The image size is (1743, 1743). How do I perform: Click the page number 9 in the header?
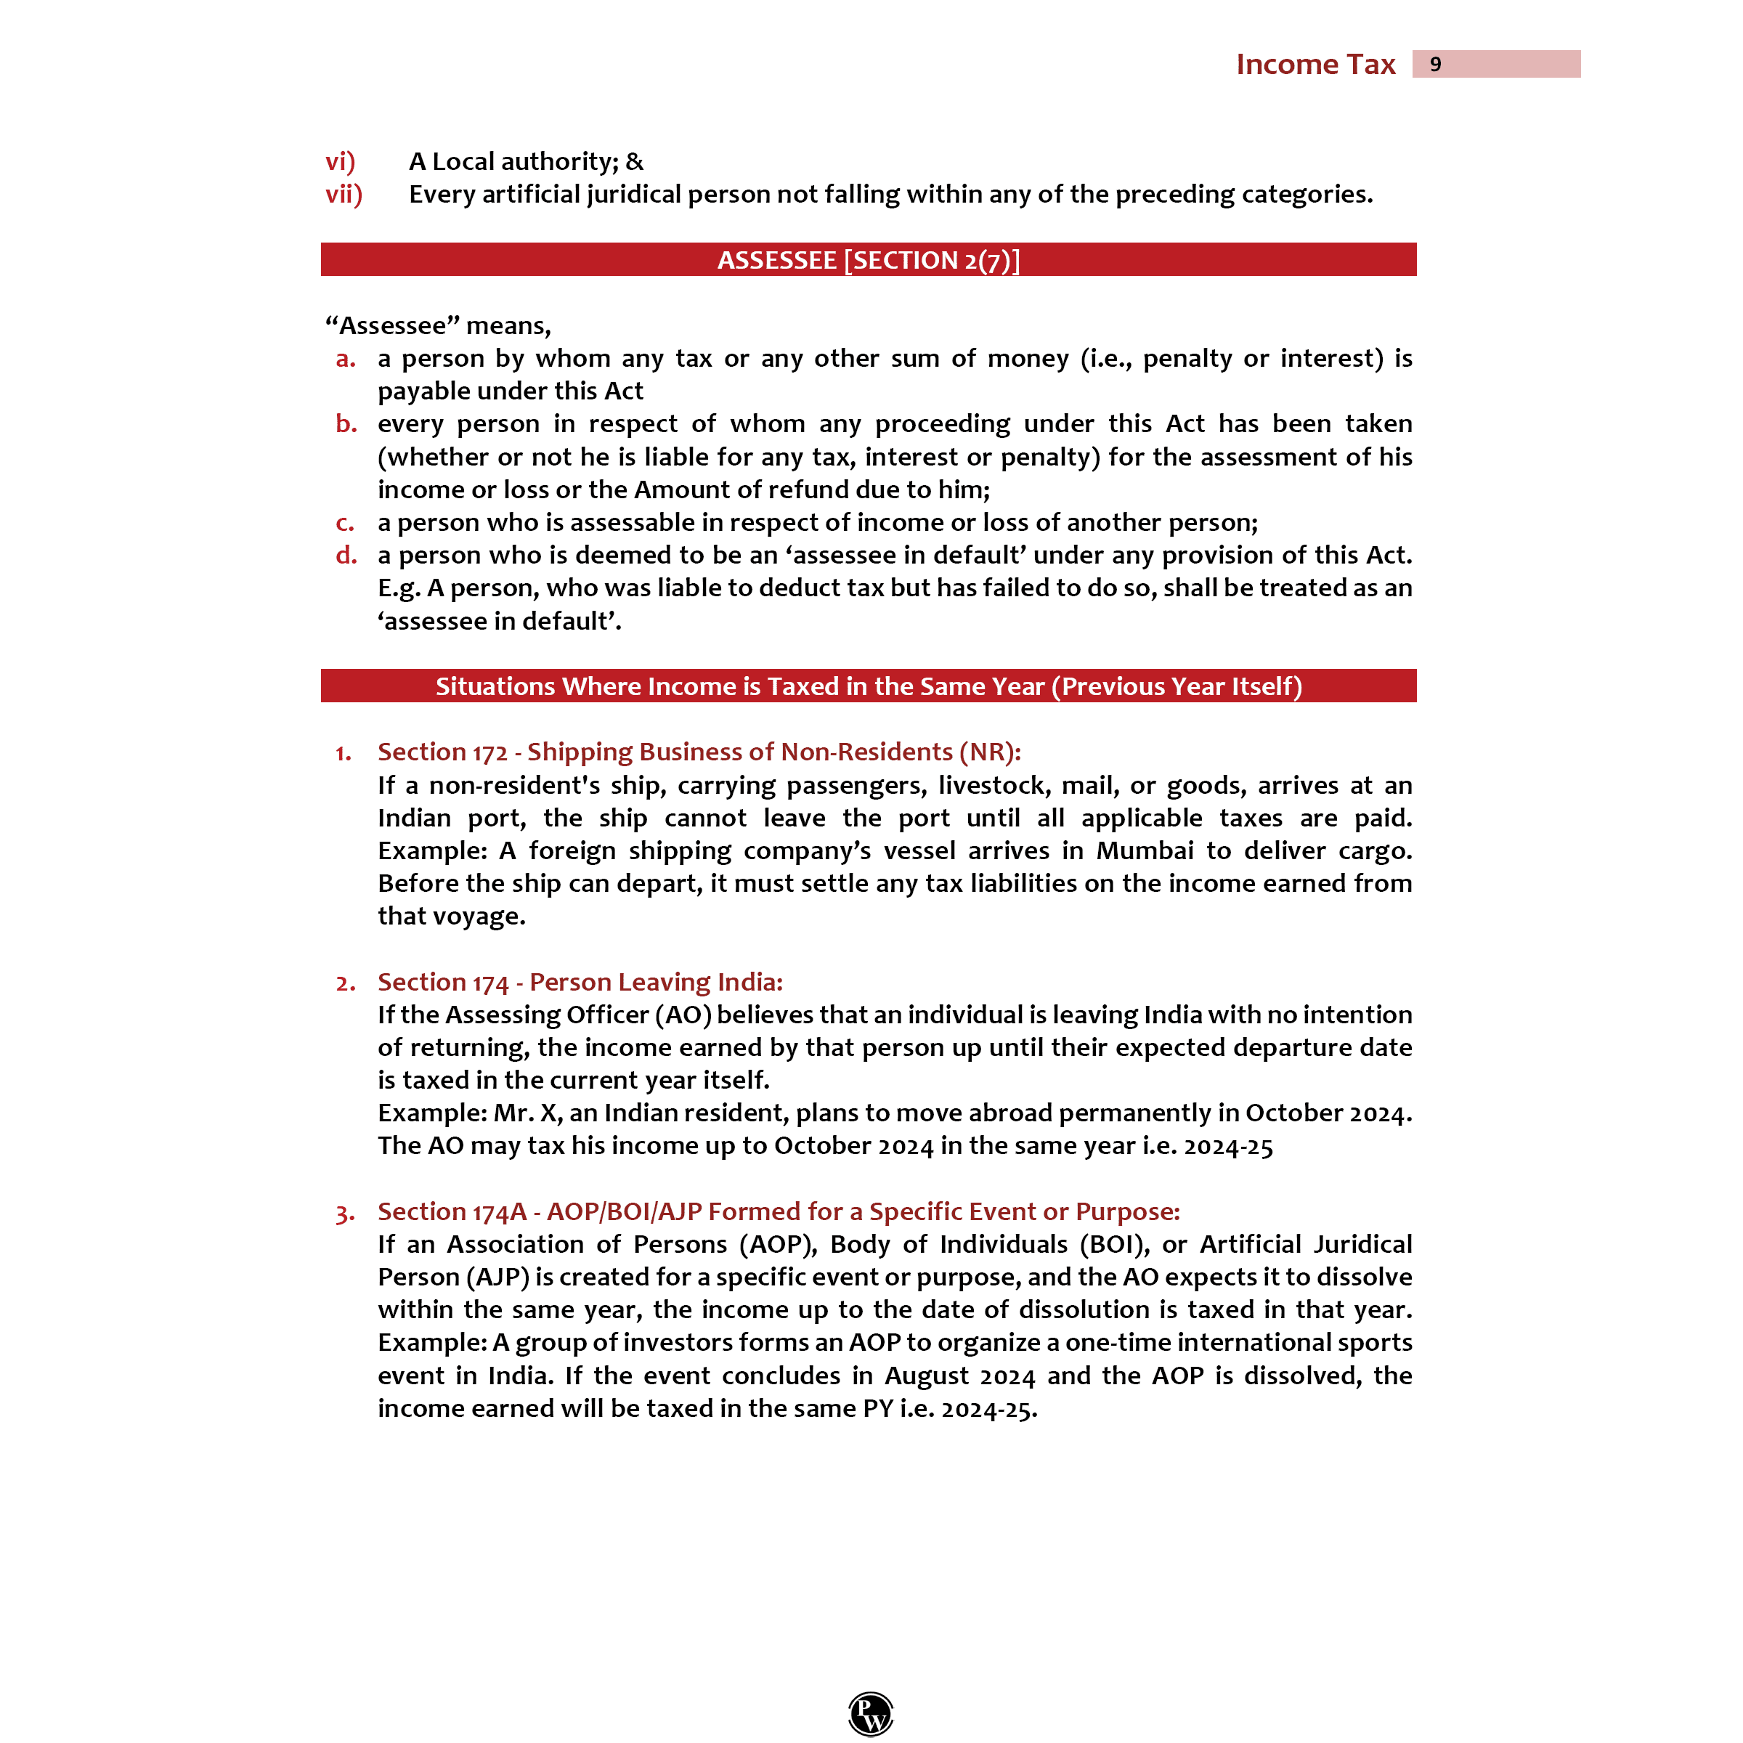1434,64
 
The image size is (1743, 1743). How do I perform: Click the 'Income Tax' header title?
1315,64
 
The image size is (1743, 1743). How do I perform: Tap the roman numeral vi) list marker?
340,161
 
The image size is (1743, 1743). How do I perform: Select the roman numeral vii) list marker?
344,194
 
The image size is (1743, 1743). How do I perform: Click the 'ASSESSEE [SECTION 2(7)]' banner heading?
868,260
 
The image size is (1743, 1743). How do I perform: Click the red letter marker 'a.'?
346,359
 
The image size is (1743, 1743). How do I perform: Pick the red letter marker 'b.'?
346,424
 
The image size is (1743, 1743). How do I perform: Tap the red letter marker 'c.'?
345,523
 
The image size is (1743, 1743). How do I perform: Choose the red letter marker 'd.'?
346,556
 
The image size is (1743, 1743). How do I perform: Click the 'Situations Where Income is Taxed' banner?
868,686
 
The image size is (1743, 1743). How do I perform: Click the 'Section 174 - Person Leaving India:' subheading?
580,982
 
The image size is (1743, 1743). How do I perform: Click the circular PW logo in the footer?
871,1713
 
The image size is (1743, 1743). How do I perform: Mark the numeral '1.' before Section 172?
344,753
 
